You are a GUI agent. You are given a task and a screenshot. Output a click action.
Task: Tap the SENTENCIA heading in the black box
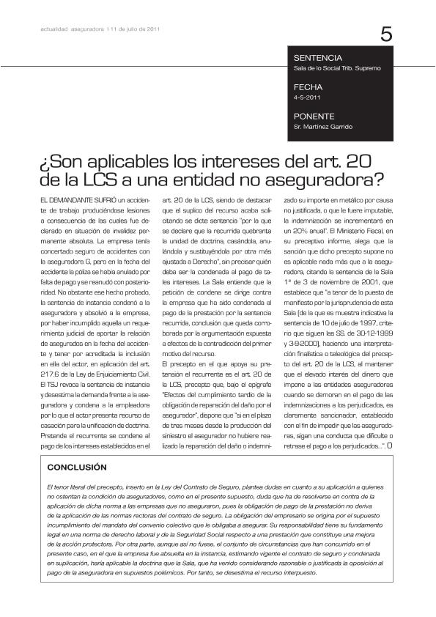[x=317, y=57]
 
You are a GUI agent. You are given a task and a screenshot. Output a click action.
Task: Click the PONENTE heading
[x=314, y=117]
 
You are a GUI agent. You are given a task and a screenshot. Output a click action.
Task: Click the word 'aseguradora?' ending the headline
[x=307, y=179]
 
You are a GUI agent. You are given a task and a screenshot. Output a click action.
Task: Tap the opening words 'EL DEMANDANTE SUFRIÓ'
[x=73, y=199]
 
